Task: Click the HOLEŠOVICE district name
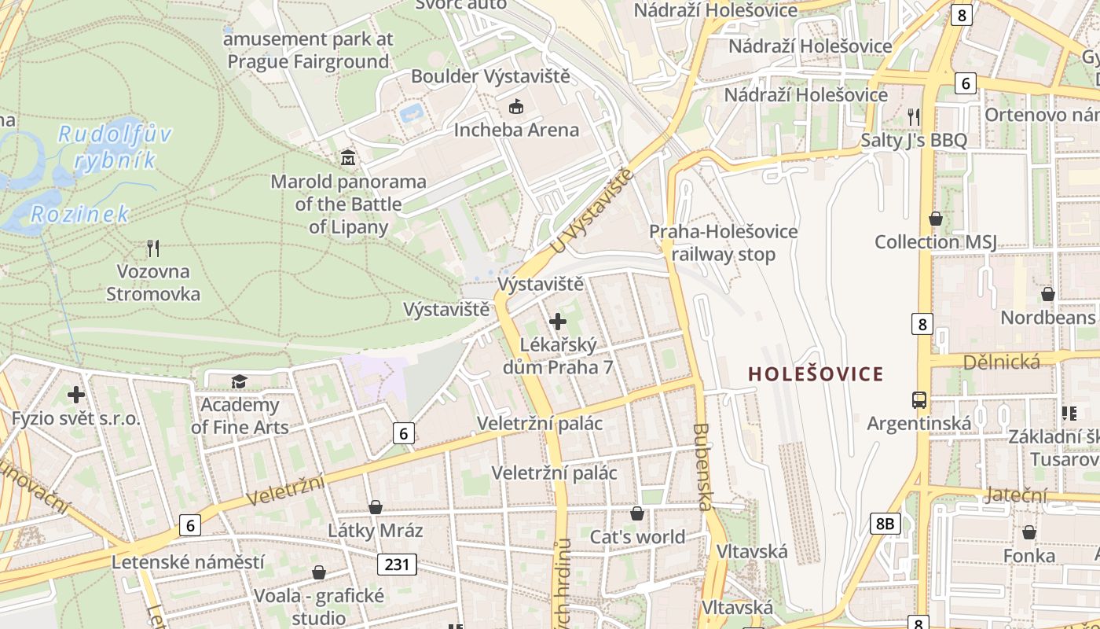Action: [x=816, y=373]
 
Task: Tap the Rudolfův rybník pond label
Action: [x=114, y=147]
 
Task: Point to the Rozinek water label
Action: [x=79, y=214]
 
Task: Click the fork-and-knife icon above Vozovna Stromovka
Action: [x=153, y=248]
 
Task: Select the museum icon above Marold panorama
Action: [x=348, y=157]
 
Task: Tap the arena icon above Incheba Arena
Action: [x=516, y=105]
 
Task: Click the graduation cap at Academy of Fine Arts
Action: [x=239, y=381]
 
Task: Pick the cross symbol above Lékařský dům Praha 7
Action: [x=558, y=321]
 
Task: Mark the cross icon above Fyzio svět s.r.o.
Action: [x=75, y=394]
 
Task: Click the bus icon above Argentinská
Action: [x=918, y=399]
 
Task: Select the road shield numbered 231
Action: [x=396, y=564]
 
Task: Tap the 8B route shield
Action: [x=885, y=523]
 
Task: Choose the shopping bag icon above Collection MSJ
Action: [x=935, y=218]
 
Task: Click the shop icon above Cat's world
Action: [x=637, y=513]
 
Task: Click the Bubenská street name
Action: [x=702, y=467]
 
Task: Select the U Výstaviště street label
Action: [x=591, y=212]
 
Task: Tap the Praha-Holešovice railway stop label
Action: [x=723, y=243]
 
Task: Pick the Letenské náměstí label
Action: [x=188, y=562]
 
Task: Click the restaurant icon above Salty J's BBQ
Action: [x=913, y=116]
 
